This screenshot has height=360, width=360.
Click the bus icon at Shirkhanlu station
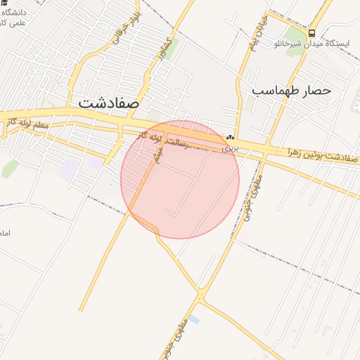click(x=311, y=33)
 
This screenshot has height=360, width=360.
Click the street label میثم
click(x=159, y=156)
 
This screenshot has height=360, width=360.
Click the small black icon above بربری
click(x=231, y=138)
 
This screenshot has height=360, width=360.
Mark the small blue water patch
click(x=193, y=319)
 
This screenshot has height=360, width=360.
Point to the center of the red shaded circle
click(x=180, y=179)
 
